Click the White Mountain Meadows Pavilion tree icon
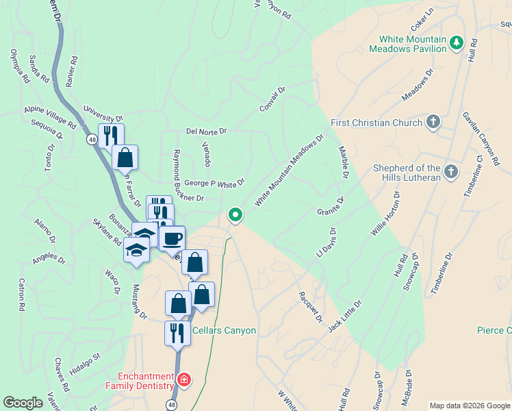(x=457, y=44)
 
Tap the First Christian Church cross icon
(x=433, y=123)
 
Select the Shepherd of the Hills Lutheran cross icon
(x=450, y=172)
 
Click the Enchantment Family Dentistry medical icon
(x=183, y=379)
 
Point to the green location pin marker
(x=235, y=215)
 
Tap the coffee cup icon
(x=172, y=238)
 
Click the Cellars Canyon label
(x=224, y=331)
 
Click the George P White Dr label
(x=214, y=184)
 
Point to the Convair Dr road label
(x=272, y=100)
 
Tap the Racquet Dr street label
(x=309, y=306)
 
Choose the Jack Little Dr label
(x=344, y=316)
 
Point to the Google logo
(x=23, y=403)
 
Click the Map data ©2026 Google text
(x=469, y=406)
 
